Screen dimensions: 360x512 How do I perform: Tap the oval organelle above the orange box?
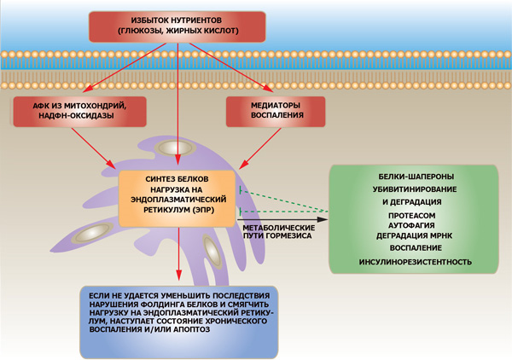coord(177,148)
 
